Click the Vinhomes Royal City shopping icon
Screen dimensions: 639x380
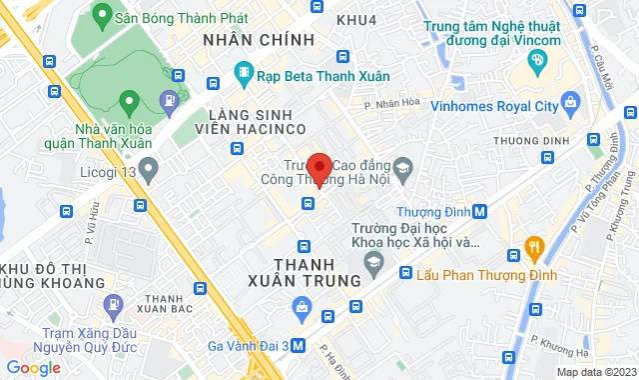pos(570,101)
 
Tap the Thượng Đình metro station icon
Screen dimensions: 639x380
pos(480,212)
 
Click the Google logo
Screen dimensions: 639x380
pos(33,367)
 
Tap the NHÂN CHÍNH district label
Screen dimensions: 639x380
pos(258,39)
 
